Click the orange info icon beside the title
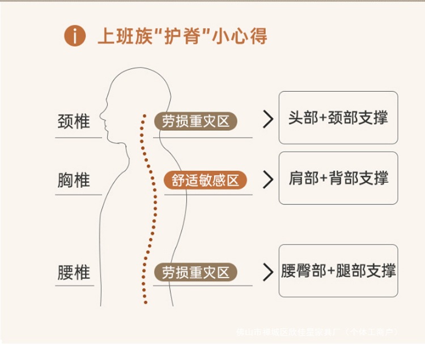pyautogui.click(x=75, y=37)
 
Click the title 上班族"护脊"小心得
pyautogui.click(x=182, y=36)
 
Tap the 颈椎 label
pyautogui.click(x=74, y=122)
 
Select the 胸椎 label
pyautogui.click(x=74, y=181)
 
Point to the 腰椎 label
pyautogui.click(x=74, y=272)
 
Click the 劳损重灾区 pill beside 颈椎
pyautogui.click(x=195, y=121)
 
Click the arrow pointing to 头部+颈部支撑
pyautogui.click(x=268, y=120)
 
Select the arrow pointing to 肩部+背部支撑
pyautogui.click(x=268, y=179)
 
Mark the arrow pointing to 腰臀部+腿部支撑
pyautogui.click(x=268, y=272)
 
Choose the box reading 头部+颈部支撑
pyautogui.click(x=338, y=118)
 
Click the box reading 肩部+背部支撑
pyautogui.click(x=338, y=178)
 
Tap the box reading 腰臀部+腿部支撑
pyautogui.click(x=338, y=271)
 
